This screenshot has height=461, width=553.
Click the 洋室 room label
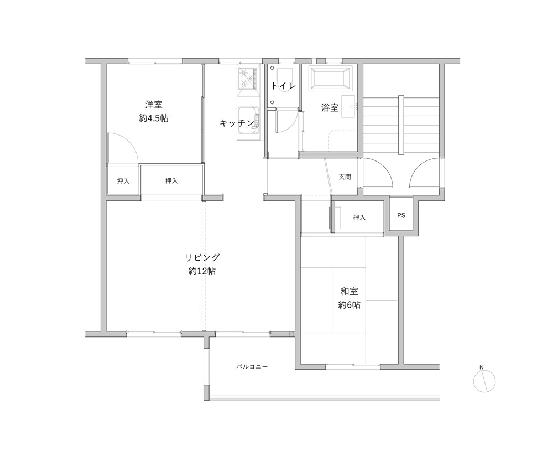(x=154, y=105)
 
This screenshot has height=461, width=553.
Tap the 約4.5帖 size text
(x=153, y=118)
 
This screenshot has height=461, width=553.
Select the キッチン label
(x=237, y=123)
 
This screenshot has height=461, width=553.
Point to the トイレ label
(x=283, y=86)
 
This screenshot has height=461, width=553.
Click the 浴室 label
(x=330, y=108)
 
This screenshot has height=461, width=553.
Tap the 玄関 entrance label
(x=345, y=177)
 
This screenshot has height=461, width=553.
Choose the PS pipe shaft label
(x=401, y=215)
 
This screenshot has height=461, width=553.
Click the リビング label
(x=202, y=258)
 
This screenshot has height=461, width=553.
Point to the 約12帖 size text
(x=202, y=271)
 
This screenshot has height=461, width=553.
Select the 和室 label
(x=349, y=291)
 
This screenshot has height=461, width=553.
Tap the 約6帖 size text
(x=349, y=304)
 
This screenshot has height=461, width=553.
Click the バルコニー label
(x=252, y=367)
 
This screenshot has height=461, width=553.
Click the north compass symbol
(x=484, y=381)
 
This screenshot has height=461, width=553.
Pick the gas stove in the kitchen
(x=248, y=77)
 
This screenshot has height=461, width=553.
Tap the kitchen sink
(x=249, y=120)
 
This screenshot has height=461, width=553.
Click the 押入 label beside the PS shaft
(x=359, y=217)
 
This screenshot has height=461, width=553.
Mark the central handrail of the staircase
(x=401, y=125)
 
